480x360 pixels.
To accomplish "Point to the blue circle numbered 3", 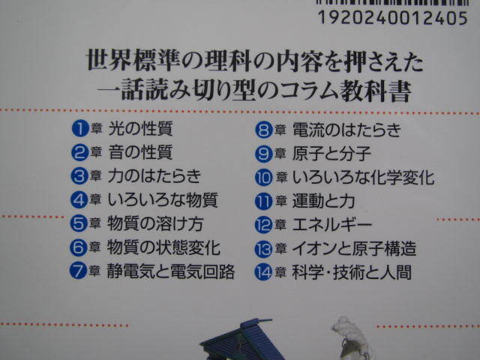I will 79,177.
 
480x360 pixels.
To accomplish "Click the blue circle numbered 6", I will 79,247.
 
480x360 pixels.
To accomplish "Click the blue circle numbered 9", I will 263,154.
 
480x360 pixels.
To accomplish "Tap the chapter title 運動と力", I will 322,202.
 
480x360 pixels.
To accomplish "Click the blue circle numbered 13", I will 263,249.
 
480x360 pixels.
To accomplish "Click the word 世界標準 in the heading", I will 122,58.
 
